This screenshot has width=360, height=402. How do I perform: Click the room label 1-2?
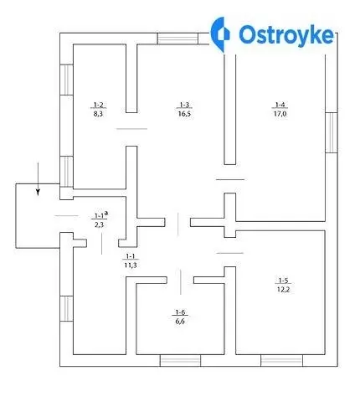[x=99, y=105]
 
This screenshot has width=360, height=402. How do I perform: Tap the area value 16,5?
[x=184, y=114]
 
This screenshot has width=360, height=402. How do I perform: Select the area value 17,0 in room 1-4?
[x=280, y=114]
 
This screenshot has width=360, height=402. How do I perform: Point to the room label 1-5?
[x=283, y=281]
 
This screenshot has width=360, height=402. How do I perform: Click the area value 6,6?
[x=180, y=321]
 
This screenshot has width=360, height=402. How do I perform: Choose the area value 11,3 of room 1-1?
[x=131, y=265]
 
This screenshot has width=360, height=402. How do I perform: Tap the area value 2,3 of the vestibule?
[x=99, y=224]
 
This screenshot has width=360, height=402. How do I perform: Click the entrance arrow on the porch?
[x=38, y=178]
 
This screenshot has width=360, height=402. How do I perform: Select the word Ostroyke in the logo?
[x=286, y=35]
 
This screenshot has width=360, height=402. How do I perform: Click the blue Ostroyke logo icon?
[x=220, y=34]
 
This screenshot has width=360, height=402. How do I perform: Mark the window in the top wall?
[x=177, y=39]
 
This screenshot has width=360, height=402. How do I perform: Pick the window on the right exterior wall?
[x=332, y=132]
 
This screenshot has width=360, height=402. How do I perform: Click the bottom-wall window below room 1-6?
[x=180, y=360]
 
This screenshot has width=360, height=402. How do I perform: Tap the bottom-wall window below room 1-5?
[x=281, y=360]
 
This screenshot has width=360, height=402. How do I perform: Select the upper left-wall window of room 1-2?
[x=67, y=80]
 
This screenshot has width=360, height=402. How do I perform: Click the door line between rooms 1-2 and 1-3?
[x=131, y=129]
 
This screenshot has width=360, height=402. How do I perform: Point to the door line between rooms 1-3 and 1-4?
[x=230, y=179]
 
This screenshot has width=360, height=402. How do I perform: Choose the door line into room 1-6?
[x=181, y=282]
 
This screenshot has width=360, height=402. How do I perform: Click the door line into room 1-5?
[x=230, y=253]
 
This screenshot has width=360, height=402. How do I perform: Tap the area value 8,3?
[x=99, y=114]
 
